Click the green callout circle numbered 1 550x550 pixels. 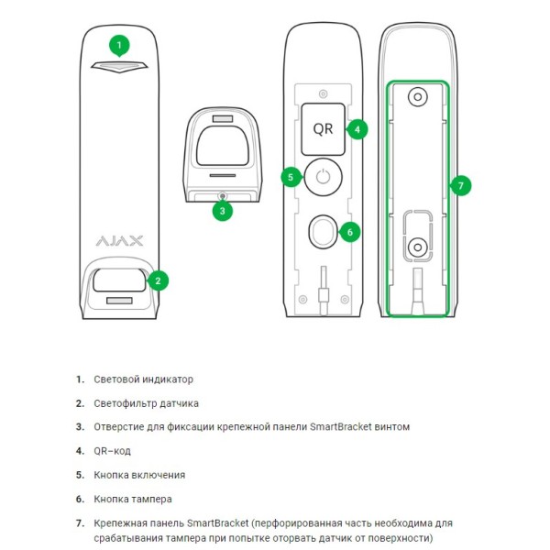click(119, 44)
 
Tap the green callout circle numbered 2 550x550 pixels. click(159, 280)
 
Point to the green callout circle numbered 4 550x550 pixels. click(357, 129)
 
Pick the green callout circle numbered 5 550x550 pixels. click(291, 176)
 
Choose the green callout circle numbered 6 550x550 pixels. click(349, 232)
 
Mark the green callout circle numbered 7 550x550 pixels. click(462, 185)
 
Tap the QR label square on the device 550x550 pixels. click(323, 129)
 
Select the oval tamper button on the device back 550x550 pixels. click(322, 232)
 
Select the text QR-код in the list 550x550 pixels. click(115, 450)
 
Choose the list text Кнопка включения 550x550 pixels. click(139, 475)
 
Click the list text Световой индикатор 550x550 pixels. click(144, 379)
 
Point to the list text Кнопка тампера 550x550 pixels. click(133, 499)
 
